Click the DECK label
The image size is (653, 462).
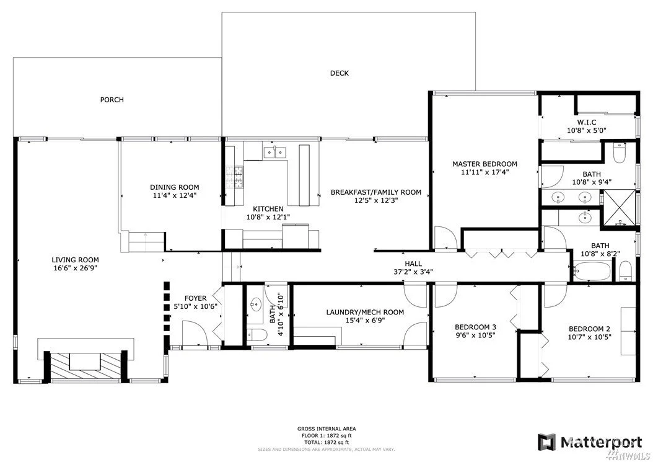pos(340,73)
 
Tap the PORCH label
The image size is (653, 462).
pos(112,100)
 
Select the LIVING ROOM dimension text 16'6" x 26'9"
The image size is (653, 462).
pos(76,268)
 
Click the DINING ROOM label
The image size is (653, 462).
pos(175,188)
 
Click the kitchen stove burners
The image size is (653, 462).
pos(234,177)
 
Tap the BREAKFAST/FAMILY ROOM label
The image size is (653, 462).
pos(376,193)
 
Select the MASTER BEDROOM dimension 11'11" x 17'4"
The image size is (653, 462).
pos(484,172)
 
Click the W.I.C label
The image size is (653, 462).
pos(586,123)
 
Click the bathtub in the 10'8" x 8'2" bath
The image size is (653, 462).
pos(592,272)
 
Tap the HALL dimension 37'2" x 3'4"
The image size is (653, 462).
pos(413,272)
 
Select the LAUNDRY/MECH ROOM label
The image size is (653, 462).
pos(365,313)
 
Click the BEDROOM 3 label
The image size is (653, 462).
pos(475,327)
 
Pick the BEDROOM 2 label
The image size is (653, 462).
pos(589,329)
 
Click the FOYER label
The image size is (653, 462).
pos(195,298)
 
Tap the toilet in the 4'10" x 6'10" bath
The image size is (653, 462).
pos(256,334)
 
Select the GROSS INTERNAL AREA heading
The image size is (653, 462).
pos(326,429)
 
